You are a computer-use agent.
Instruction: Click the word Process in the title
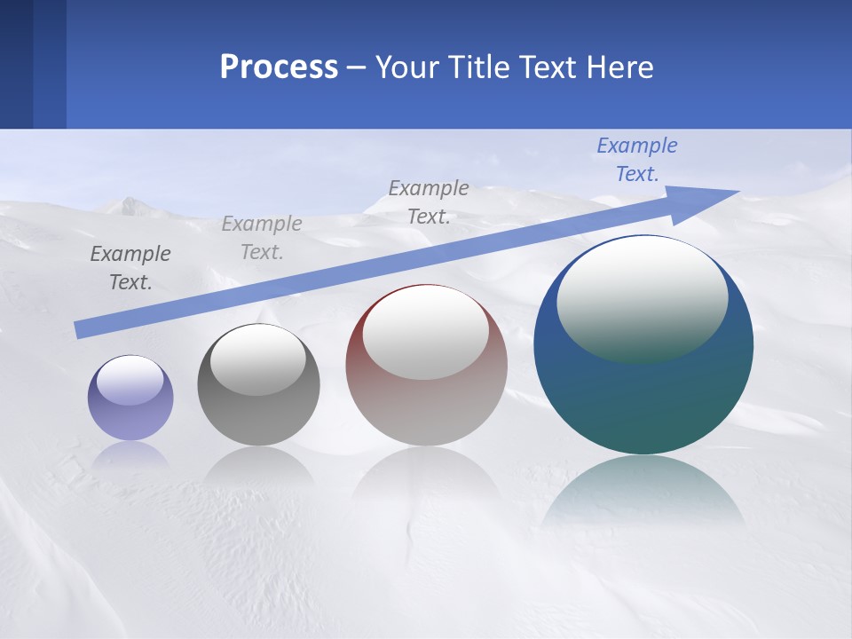279,67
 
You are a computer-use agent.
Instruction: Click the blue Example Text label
637,160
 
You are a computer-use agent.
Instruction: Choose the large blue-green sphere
643,399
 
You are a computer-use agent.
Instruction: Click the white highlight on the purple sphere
130,381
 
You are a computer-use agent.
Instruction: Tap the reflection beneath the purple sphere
130,454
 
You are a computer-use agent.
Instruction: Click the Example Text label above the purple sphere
130,268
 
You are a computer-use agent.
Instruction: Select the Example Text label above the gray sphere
262,238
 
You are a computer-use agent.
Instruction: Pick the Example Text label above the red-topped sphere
429,202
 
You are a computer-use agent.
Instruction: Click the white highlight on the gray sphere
258,359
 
